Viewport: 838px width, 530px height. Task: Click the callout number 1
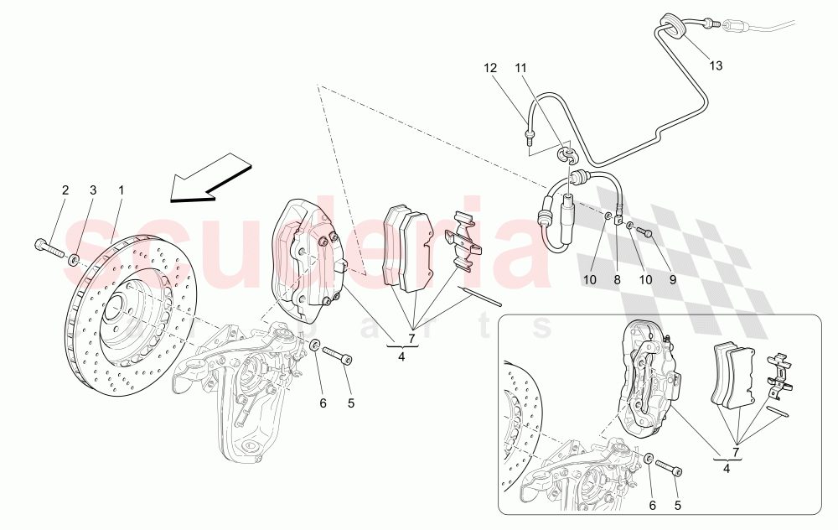tap(121, 190)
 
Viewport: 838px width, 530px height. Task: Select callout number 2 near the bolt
tap(65, 190)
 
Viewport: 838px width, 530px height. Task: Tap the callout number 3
tap(94, 190)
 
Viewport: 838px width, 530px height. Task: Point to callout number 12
tap(490, 67)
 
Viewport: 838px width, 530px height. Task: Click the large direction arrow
tap(210, 182)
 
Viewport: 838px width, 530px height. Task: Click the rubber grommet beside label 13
tap(670, 25)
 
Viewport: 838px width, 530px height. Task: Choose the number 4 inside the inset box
tap(727, 470)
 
